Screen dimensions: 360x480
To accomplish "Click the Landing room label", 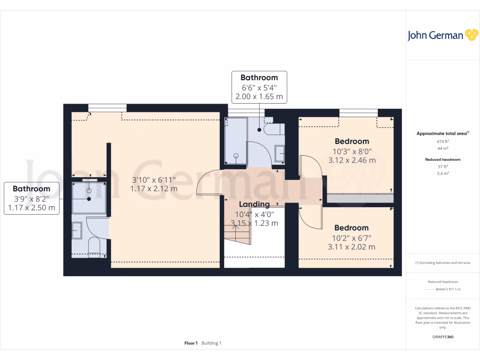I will click(254, 204).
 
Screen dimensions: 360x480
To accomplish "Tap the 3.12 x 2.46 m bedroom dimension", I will click(352, 160).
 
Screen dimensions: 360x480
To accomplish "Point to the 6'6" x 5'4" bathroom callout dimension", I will click(259, 87).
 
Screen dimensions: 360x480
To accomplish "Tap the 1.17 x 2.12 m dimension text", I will click(154, 189).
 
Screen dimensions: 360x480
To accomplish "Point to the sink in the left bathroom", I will click(77, 231).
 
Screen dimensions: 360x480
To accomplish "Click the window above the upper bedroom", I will click(358, 112).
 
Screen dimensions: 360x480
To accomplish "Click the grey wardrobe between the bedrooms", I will click(360, 198).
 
